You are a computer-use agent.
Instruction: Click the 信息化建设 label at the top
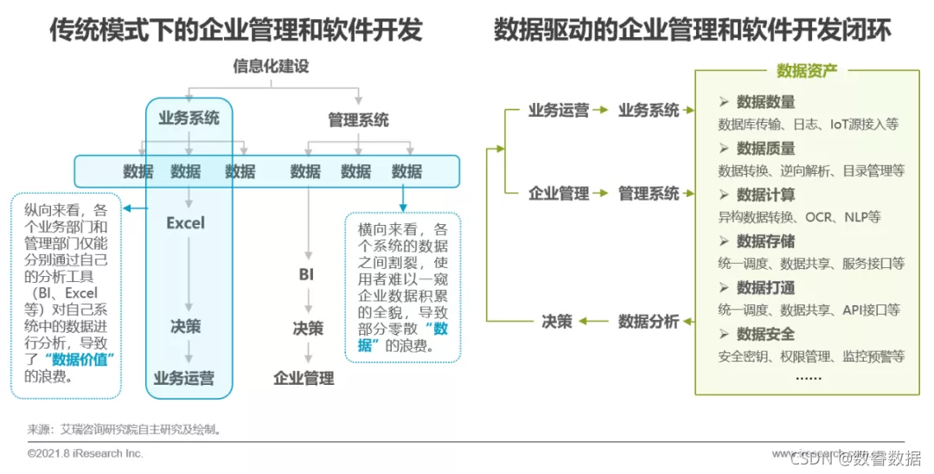[271, 66]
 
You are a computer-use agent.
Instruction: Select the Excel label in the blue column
[186, 223]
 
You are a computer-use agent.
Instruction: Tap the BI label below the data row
[306, 274]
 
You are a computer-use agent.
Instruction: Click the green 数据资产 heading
[806, 71]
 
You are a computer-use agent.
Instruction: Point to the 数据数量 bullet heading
[765, 102]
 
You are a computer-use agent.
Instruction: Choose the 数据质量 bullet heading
[765, 149]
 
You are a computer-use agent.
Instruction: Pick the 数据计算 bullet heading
[765, 195]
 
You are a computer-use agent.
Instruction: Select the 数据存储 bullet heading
[765, 241]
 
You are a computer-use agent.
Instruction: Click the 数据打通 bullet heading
[765, 287]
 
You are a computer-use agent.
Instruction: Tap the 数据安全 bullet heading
[765, 334]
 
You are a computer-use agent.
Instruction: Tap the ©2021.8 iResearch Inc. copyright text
[86, 453]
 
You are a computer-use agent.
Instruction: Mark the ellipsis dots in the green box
[808, 377]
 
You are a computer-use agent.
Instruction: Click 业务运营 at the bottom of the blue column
[184, 377]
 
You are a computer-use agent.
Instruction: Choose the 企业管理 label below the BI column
[304, 378]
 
